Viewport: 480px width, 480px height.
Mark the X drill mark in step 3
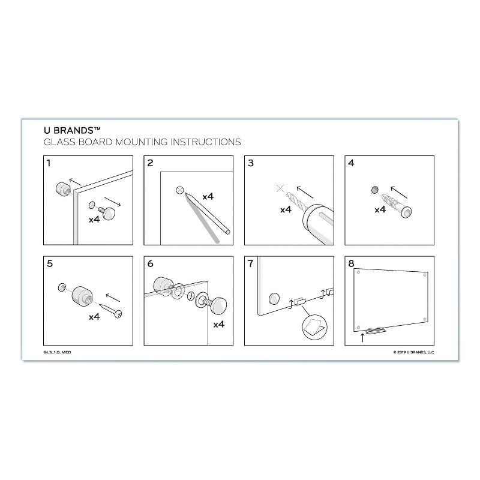tap(280, 189)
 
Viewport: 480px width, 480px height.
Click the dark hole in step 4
tap(376, 190)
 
